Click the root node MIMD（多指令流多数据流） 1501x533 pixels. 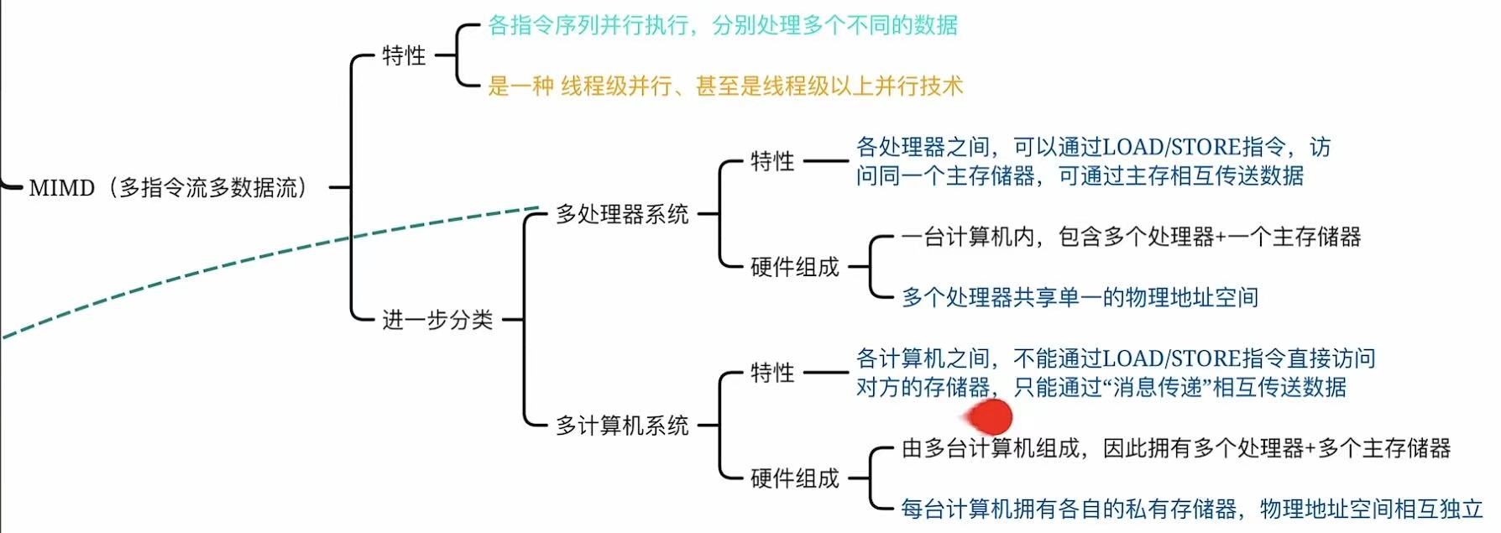point(168,188)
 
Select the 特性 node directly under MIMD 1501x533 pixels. point(404,56)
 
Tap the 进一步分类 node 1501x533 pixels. point(437,320)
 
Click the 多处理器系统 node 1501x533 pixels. point(622,215)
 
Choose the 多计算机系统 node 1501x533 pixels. point(622,426)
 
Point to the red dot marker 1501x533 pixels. point(991,416)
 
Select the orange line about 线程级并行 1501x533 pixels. point(725,86)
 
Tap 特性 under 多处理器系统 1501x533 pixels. point(772,161)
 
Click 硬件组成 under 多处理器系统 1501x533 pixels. point(794,268)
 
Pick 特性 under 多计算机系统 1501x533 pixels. point(772,373)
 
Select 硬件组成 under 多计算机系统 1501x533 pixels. point(794,479)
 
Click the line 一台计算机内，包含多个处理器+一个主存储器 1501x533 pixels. point(1131,238)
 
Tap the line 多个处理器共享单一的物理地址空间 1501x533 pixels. point(1080,297)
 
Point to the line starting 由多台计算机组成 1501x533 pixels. point(1175,449)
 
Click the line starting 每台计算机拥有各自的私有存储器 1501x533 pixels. point(1192,509)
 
